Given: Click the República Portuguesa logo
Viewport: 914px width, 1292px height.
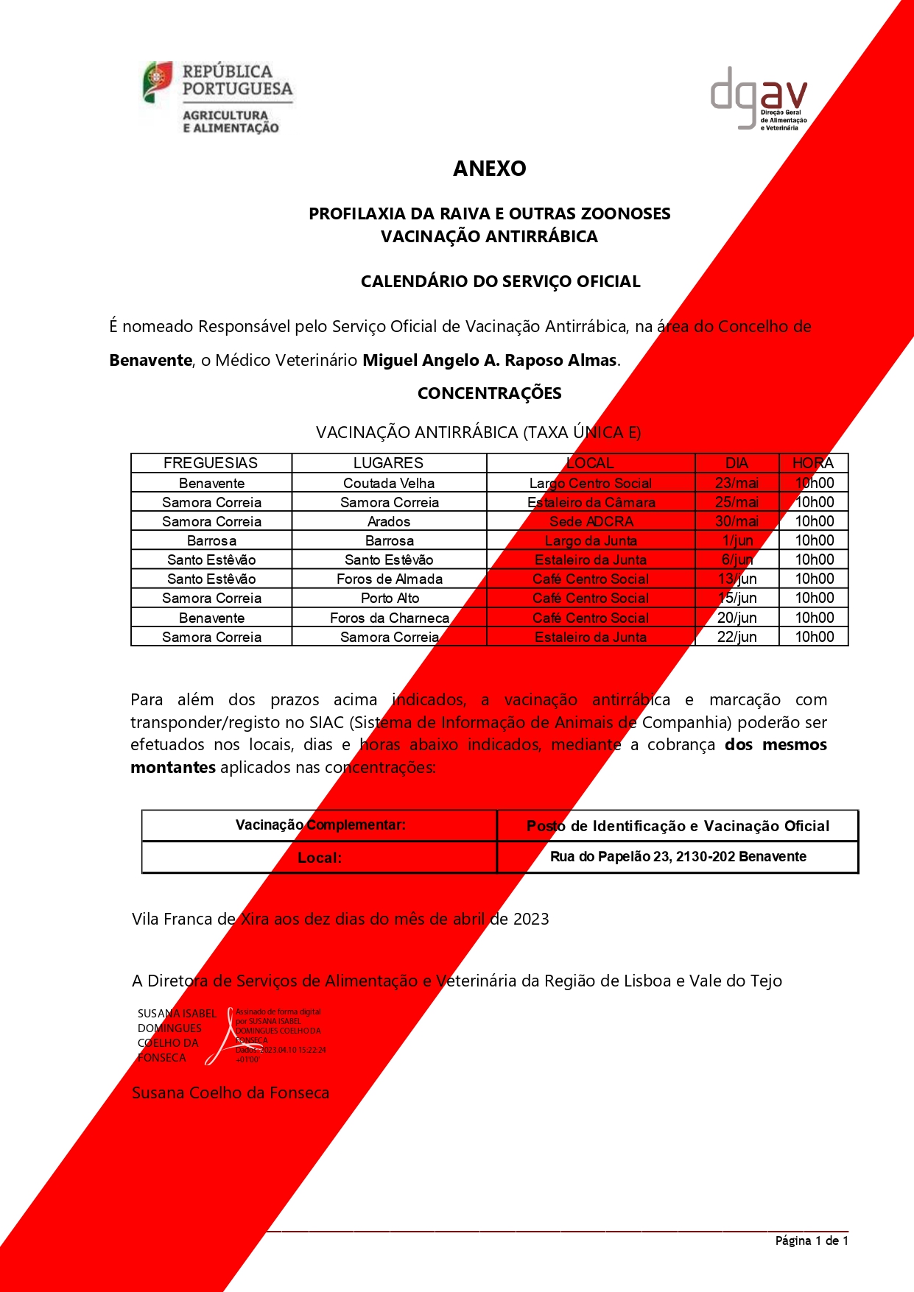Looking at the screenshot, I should tap(218, 97).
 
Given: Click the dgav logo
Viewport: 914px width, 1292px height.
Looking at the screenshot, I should tap(758, 99).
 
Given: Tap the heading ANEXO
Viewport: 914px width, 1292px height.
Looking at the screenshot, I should tap(490, 169).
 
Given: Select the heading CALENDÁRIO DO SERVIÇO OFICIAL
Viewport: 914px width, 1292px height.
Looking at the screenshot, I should tap(500, 281).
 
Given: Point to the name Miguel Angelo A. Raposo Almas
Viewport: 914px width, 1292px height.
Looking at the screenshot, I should tap(490, 360).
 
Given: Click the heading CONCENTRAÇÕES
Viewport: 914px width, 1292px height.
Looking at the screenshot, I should tap(489, 393).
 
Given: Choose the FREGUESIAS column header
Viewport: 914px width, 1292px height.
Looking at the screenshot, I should tap(211, 463).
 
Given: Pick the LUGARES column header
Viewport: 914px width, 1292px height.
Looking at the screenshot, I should tap(388, 463).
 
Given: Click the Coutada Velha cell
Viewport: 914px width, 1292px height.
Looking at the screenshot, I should tap(389, 483).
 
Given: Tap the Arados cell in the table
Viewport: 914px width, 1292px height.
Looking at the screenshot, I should tap(389, 521).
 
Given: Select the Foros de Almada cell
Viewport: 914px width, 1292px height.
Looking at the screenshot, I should tap(390, 579).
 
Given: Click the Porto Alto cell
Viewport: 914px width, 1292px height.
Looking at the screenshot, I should tap(390, 598).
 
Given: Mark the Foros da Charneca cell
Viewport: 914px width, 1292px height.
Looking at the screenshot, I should tap(390, 618).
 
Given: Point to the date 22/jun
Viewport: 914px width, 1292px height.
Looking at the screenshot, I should tap(737, 637).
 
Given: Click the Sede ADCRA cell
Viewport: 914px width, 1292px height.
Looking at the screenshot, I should tap(591, 521).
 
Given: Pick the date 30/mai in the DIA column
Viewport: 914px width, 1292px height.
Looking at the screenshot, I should tap(737, 521).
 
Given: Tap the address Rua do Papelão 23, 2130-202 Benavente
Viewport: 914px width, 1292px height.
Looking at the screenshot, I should tap(678, 856).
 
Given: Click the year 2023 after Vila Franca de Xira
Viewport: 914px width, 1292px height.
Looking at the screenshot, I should tap(531, 919).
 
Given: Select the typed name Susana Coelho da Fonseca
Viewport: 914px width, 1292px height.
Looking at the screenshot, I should tap(231, 1092).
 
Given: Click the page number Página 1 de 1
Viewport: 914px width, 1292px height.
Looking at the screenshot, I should tap(812, 1240).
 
